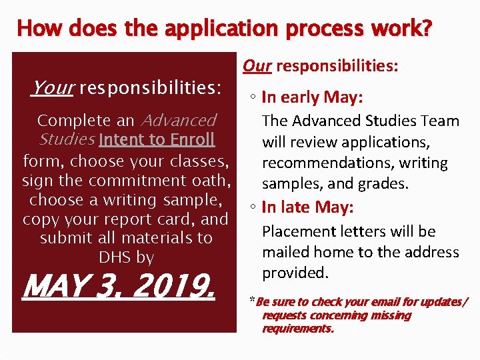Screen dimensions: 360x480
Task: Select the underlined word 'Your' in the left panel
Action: (x=52, y=87)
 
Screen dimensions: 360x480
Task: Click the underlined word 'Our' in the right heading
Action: (x=257, y=65)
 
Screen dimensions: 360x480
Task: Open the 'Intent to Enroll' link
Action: (x=157, y=139)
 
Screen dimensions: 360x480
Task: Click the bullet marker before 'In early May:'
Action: (x=254, y=98)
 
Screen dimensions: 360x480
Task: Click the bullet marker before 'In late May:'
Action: (x=254, y=208)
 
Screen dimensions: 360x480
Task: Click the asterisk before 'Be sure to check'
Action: (x=252, y=300)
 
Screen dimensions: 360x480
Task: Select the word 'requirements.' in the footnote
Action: (x=297, y=329)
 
